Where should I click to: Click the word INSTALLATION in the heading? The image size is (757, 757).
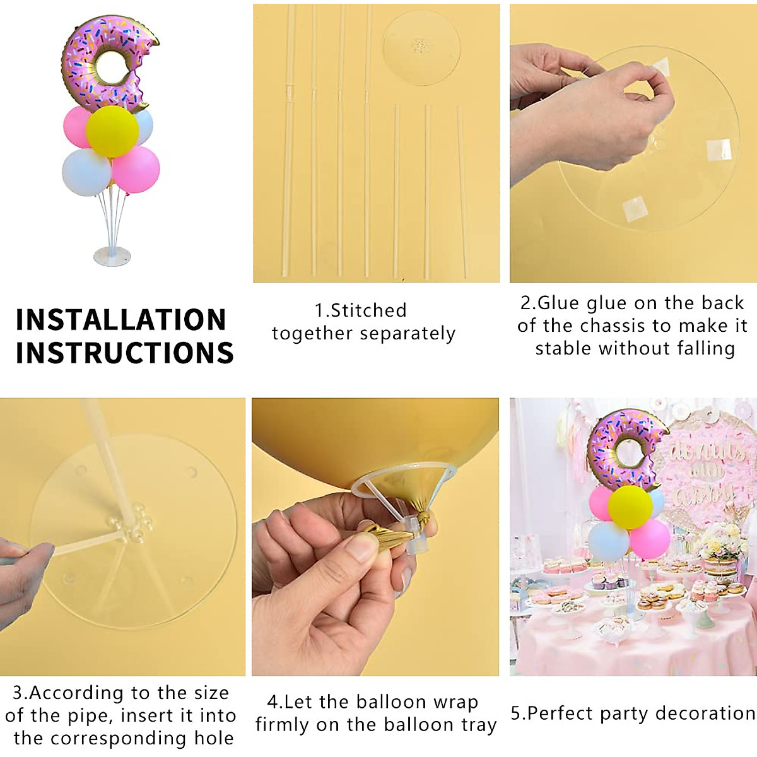tap(120, 320)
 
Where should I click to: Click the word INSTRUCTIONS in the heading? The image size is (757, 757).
tap(125, 353)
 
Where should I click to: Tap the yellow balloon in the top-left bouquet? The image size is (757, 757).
tap(112, 131)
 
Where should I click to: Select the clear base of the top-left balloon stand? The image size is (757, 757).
tap(112, 256)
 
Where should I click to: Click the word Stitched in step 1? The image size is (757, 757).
tap(368, 310)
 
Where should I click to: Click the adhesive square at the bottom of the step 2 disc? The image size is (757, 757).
tap(633, 209)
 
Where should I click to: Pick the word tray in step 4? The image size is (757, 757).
tap(478, 725)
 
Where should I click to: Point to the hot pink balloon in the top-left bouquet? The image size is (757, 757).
tap(136, 169)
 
